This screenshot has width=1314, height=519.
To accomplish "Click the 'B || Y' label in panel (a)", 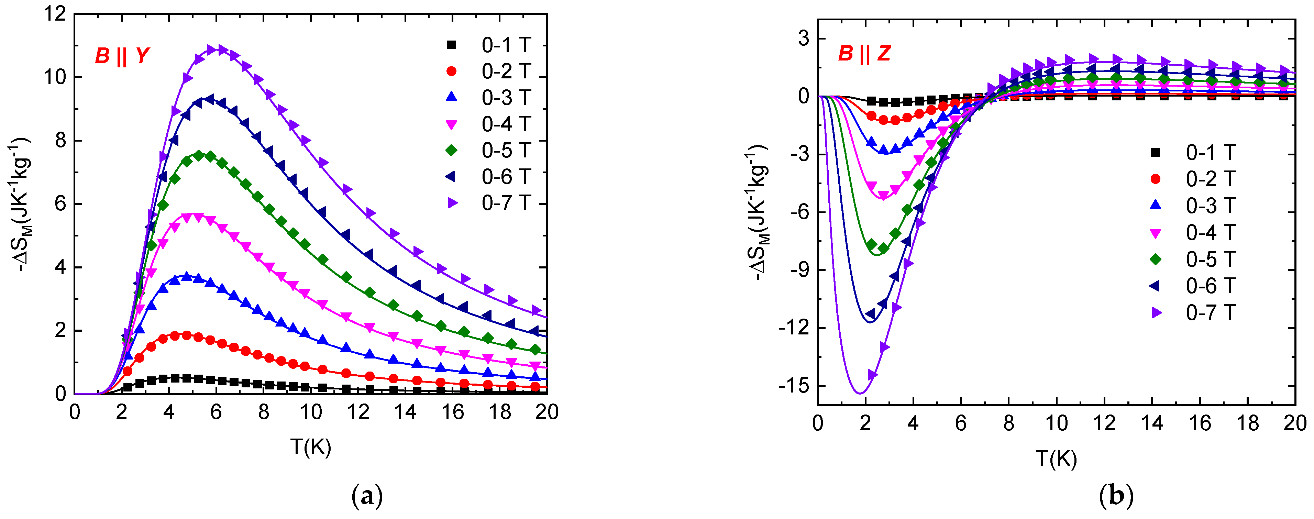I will (122, 56).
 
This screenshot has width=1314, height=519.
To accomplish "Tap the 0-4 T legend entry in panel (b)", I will (1194, 233).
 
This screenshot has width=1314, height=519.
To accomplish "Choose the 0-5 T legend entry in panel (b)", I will (1194, 259).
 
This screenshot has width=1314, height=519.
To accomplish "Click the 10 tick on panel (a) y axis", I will (55, 77).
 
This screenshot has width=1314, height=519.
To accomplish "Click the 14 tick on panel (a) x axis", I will (406, 412).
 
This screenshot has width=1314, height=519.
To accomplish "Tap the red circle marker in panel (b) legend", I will (1156, 179).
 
